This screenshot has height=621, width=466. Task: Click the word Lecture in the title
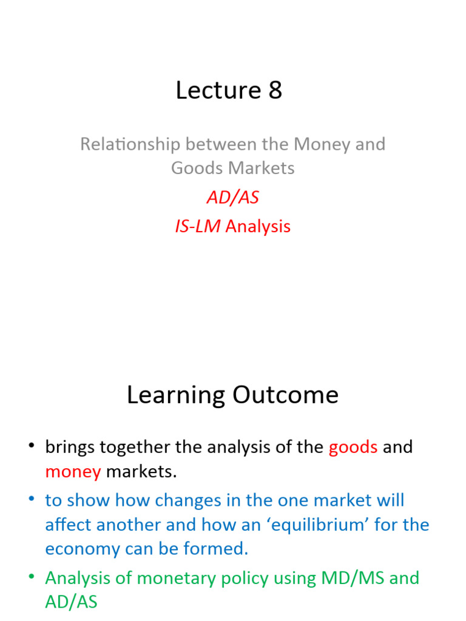coord(209,90)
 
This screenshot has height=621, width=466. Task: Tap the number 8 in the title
coord(275,90)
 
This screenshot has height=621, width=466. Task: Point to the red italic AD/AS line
coord(232,198)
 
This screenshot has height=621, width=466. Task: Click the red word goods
coord(353,448)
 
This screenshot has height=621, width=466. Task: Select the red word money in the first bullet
coord(73,471)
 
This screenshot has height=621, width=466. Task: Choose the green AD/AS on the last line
coord(71,602)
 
